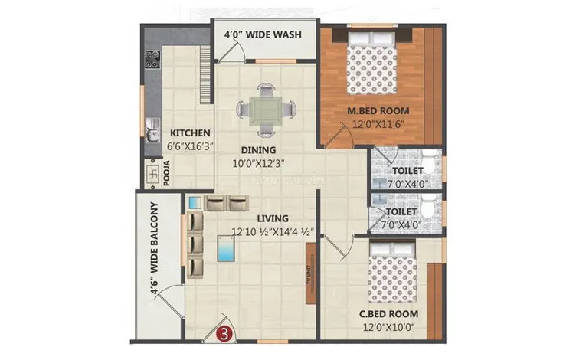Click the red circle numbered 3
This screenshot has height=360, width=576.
click(x=224, y=333)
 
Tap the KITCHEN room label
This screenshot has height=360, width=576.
click(x=190, y=133)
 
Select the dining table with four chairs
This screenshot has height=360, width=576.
click(x=263, y=110)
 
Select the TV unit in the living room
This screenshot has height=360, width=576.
click(x=309, y=266)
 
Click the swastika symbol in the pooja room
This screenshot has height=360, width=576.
click(x=150, y=172)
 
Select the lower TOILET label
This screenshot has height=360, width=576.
click(x=401, y=212)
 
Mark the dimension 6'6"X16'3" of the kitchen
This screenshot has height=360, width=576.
click(x=190, y=144)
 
